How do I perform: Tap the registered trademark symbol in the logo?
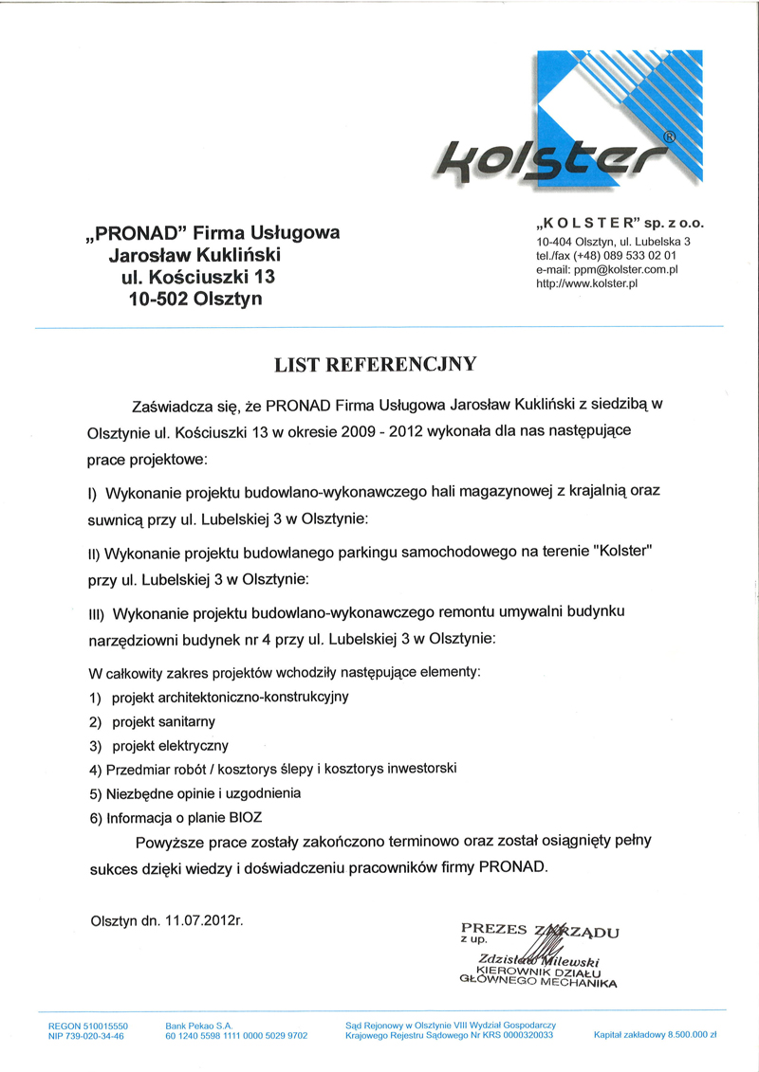pyautogui.click(x=670, y=136)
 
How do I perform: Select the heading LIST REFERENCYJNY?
pyautogui.click(x=377, y=363)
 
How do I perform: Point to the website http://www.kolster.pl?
pyautogui.click(x=587, y=283)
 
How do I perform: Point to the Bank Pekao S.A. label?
pyautogui.click(x=198, y=1026)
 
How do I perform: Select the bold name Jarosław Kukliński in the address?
pyautogui.click(x=195, y=255)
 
